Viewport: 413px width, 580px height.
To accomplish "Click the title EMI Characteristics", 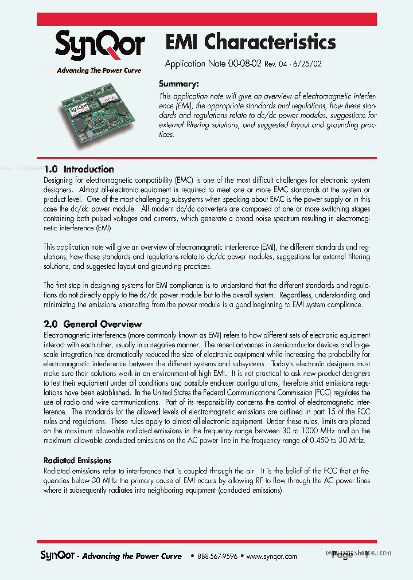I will tap(250, 42).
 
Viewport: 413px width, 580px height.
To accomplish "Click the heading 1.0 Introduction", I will tap(79, 169).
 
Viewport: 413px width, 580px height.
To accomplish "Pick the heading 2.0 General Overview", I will tap(93, 324).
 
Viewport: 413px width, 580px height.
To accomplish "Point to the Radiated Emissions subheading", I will tap(77, 460).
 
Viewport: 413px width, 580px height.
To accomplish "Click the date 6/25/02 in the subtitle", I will tap(309, 65).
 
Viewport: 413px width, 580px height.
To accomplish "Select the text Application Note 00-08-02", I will tap(213, 64).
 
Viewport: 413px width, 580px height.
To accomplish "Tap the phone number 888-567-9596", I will tap(217, 556).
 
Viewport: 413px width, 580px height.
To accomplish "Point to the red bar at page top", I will tap(206, 18).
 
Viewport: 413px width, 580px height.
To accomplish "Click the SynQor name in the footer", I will tap(57, 555).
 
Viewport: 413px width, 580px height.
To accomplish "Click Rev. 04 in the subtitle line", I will tap(278, 65).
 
